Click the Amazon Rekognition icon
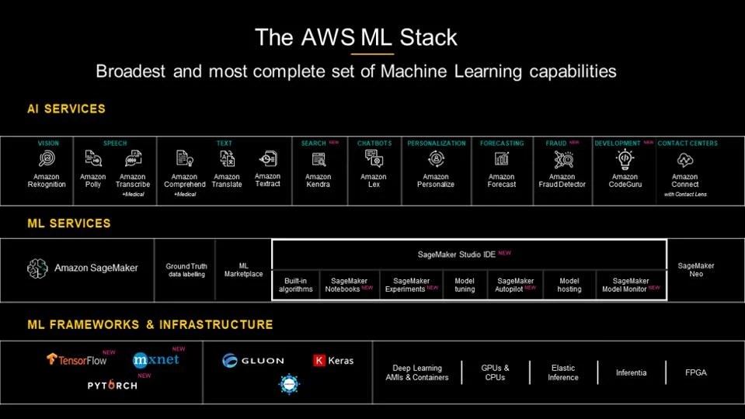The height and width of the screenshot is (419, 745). pyautogui.click(x=47, y=159)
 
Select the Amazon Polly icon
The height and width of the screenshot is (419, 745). pyautogui.click(x=93, y=159)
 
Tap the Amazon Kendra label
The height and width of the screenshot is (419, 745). pyautogui.click(x=318, y=181)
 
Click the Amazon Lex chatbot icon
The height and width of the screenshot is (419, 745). pyautogui.click(x=374, y=158)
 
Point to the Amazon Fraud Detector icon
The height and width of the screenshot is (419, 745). pyautogui.click(x=562, y=159)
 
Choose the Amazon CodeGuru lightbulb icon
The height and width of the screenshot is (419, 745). pyautogui.click(x=625, y=159)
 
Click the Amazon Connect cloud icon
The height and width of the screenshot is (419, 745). pyautogui.click(x=684, y=160)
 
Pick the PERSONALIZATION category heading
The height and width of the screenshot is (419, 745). pyautogui.click(x=436, y=143)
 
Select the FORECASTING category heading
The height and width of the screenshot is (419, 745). pyautogui.click(x=501, y=143)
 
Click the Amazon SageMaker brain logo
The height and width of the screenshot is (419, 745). pyautogui.click(x=38, y=268)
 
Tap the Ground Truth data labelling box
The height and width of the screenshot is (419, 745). pyautogui.click(x=186, y=270)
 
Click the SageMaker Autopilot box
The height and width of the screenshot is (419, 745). pyautogui.click(x=516, y=285)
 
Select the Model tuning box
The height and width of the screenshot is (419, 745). pyautogui.click(x=465, y=285)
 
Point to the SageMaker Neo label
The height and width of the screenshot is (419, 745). pyautogui.click(x=696, y=269)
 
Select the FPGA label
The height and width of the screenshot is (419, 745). pyautogui.click(x=696, y=372)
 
